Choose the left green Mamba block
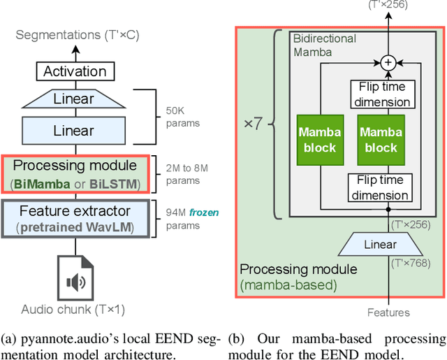point(318,141)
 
